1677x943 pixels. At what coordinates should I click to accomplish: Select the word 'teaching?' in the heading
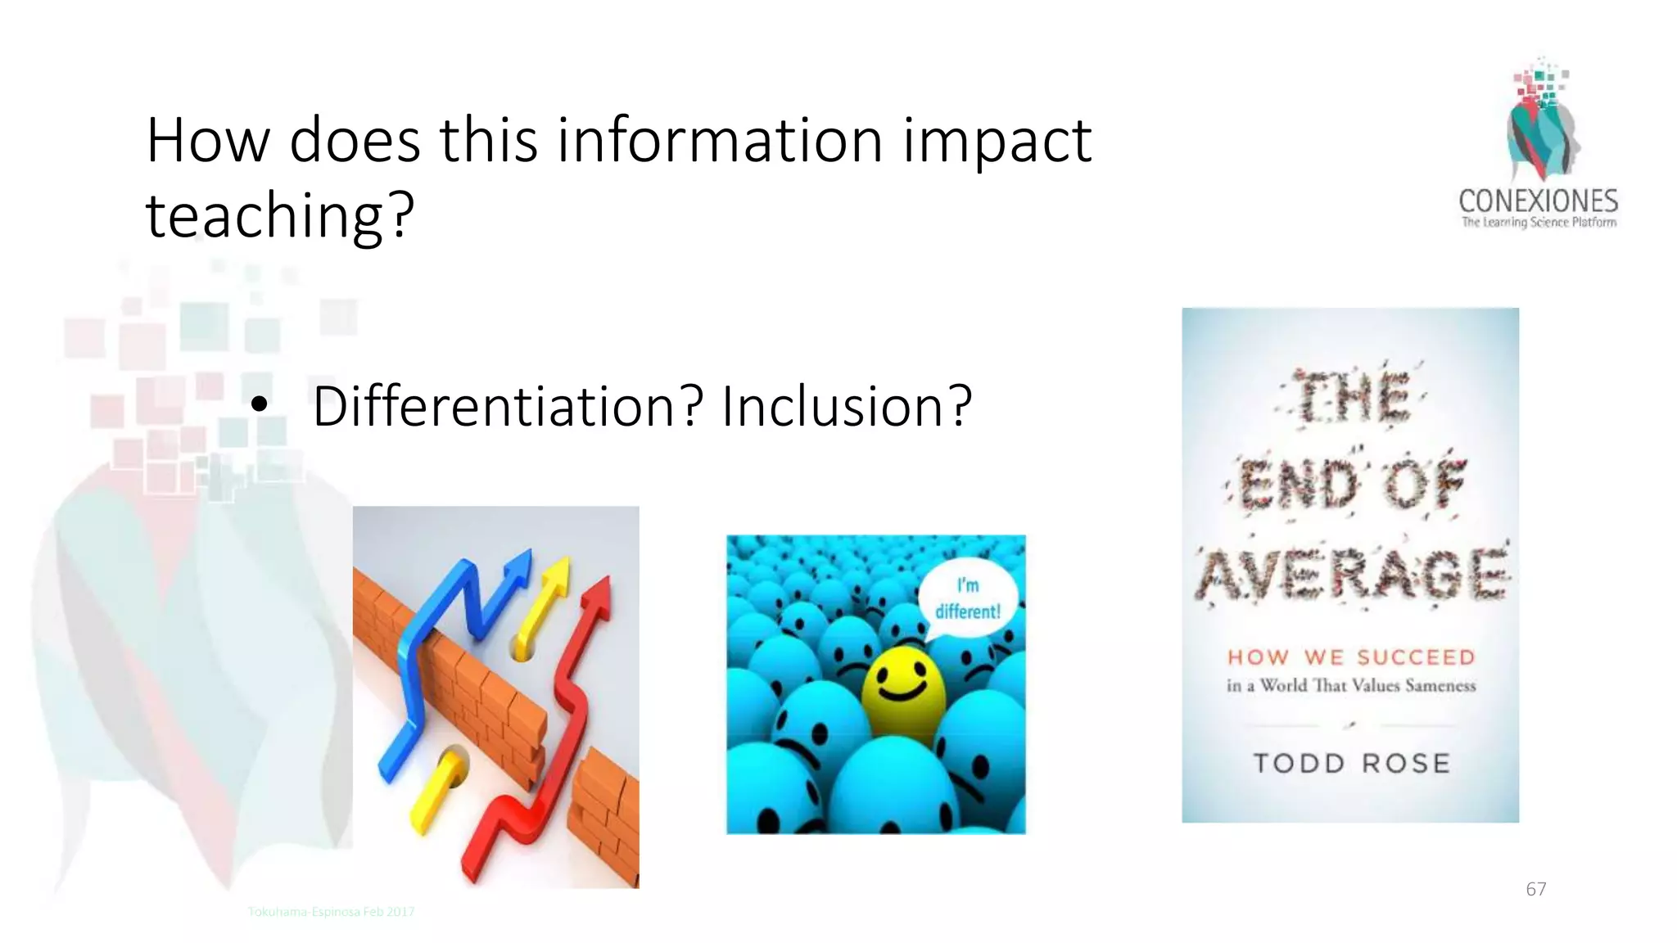(x=280, y=214)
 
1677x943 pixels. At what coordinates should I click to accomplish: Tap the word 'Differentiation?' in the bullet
(x=508, y=406)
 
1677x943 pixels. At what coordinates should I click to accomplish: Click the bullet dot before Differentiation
(x=260, y=404)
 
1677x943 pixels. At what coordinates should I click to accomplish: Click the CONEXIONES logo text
(x=1538, y=201)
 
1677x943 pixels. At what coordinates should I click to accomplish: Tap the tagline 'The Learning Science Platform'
(x=1539, y=222)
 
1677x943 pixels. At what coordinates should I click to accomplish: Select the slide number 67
(x=1535, y=889)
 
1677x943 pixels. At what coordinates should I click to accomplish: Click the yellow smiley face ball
(x=903, y=686)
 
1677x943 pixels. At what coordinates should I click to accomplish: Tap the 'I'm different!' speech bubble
(x=967, y=598)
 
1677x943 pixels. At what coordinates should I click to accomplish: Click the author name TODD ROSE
(x=1351, y=764)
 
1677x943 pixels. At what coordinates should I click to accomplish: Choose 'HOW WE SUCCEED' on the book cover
(x=1351, y=657)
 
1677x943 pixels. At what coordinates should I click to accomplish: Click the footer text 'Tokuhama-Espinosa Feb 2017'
(x=331, y=912)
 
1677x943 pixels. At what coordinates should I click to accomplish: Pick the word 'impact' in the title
(x=997, y=141)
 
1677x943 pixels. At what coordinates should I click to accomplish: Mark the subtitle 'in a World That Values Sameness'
(x=1351, y=686)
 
